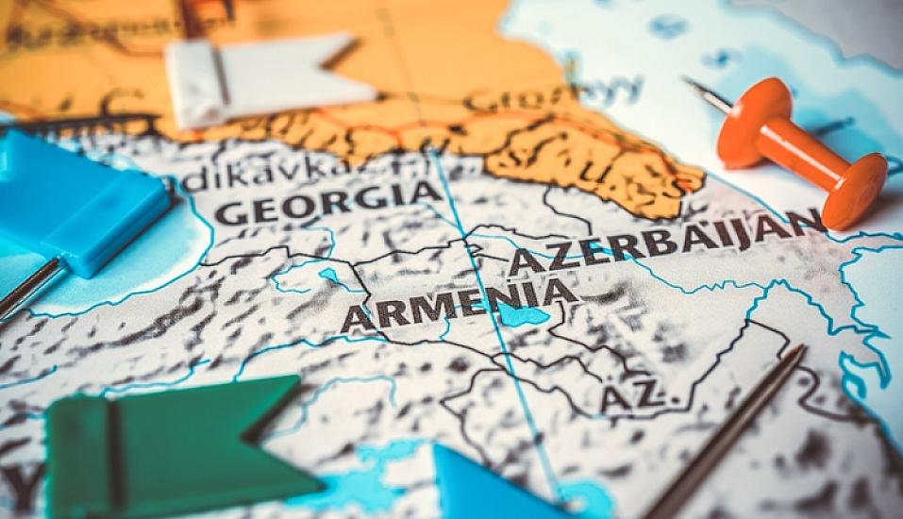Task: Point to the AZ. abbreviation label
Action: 641,396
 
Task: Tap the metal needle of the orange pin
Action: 708,93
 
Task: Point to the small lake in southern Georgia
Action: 329,276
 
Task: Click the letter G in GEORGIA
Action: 227,211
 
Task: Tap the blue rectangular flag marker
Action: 85,203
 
